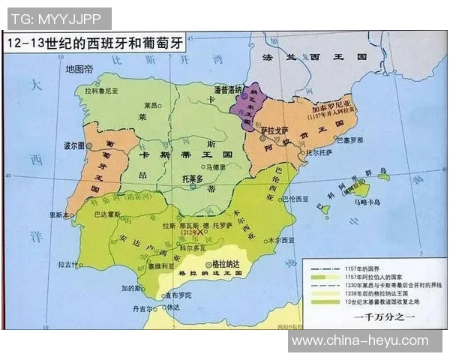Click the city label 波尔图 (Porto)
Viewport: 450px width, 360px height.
pos(73,144)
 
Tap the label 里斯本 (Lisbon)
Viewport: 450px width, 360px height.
pos(60,214)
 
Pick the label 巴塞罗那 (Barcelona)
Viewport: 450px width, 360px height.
pos(348,140)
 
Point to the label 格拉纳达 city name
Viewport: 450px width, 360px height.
pos(227,265)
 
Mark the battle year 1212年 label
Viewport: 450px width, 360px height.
pos(190,234)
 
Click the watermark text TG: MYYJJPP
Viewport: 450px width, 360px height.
pos(57,17)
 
